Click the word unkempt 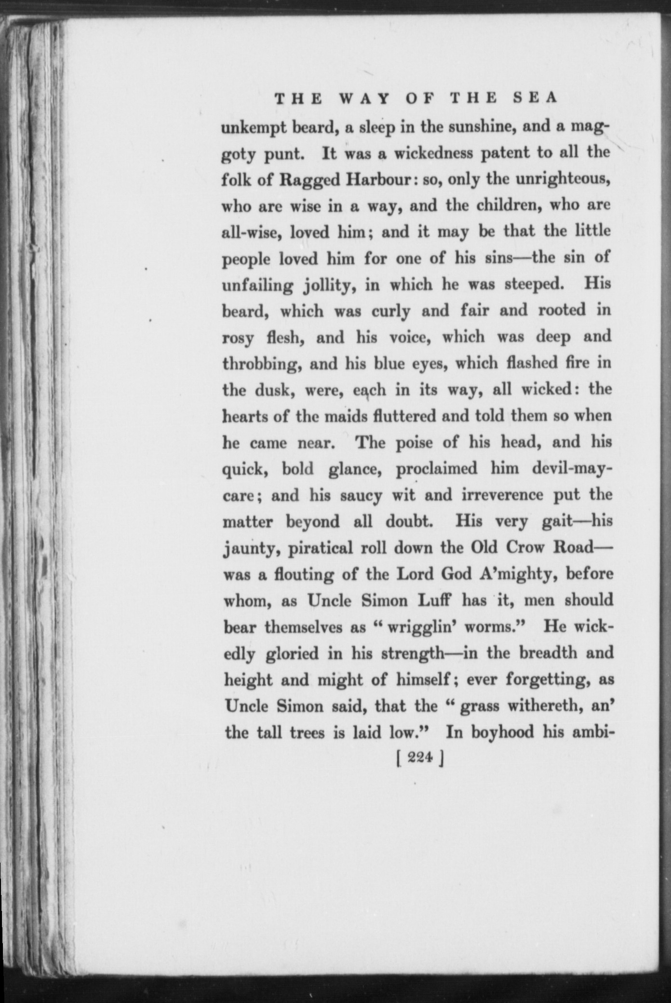(x=252, y=128)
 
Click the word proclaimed (x=436, y=469)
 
